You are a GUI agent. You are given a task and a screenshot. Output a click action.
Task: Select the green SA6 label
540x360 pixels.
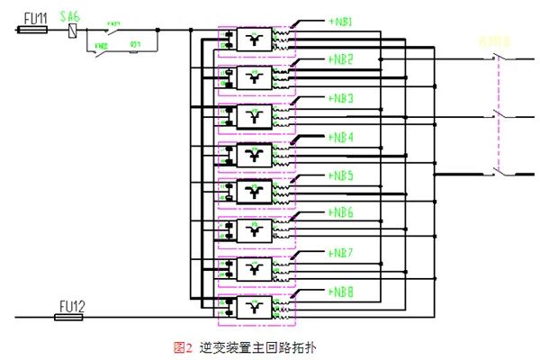point(70,16)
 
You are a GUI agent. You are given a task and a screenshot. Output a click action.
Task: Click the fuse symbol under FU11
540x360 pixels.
point(33,30)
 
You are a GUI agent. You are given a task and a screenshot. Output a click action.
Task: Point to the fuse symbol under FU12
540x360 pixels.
point(72,317)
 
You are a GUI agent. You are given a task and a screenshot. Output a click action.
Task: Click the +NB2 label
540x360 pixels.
point(339,58)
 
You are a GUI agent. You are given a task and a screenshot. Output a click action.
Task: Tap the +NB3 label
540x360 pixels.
point(339,97)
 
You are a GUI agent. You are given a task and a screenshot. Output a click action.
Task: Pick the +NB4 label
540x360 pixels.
point(339,137)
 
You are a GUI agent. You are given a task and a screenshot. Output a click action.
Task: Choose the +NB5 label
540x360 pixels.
point(339,175)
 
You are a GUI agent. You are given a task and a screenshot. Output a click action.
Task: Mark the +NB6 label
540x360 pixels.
point(339,213)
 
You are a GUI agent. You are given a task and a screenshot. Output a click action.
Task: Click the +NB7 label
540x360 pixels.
point(339,253)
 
